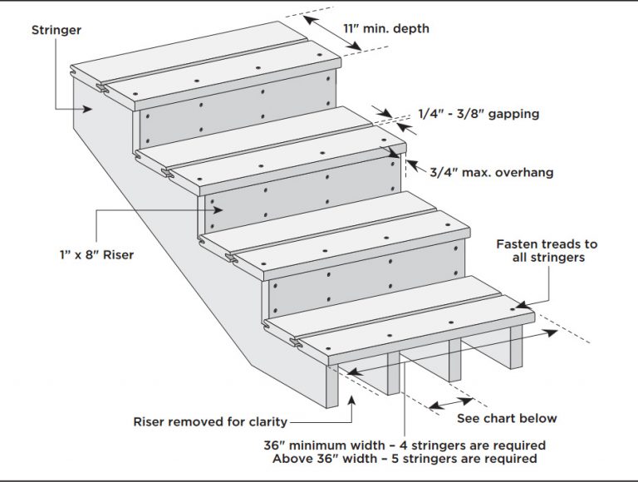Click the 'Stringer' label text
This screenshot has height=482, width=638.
pyautogui.click(x=56, y=32)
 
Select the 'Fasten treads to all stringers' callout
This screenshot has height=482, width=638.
pyautogui.click(x=547, y=252)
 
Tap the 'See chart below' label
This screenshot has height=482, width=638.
pyautogui.click(x=507, y=418)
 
